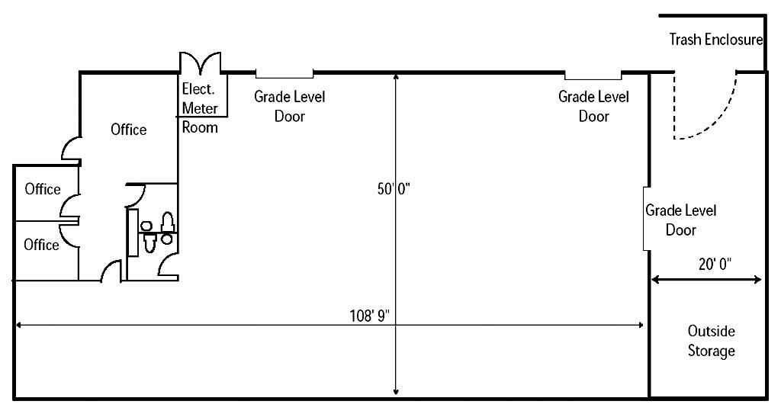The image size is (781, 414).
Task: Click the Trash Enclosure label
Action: (715, 40)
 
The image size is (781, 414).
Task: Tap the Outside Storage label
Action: (712, 342)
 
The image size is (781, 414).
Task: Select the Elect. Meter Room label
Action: (200, 108)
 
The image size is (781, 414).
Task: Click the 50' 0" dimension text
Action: (394, 189)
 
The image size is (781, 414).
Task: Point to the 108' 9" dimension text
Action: (370, 316)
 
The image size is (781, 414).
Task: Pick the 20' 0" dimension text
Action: (715, 264)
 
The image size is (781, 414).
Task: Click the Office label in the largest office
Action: (128, 130)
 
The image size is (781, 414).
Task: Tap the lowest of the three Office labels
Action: (41, 245)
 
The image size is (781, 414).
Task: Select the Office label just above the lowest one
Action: (43, 189)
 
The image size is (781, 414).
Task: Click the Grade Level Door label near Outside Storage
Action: (681, 220)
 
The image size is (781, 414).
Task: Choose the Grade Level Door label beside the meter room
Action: (289, 106)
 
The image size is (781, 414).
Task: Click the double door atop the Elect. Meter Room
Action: (201, 63)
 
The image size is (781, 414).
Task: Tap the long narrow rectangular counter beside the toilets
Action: (133, 233)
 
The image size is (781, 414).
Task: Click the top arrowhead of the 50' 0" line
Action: (396, 77)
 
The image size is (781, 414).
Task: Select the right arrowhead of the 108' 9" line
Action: (640, 326)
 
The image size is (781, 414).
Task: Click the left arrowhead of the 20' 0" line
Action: (655, 280)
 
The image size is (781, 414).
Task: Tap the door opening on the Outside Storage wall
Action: (645, 219)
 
